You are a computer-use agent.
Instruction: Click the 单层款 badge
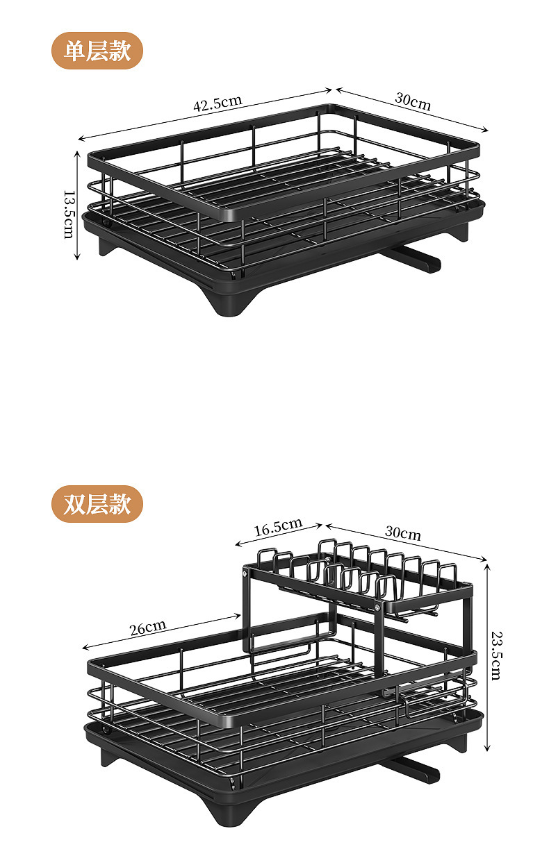point(97,50)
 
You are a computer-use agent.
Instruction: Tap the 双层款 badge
point(97,504)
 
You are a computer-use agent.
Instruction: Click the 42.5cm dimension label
point(218,103)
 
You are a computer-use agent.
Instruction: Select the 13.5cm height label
point(68,214)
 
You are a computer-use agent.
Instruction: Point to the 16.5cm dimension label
point(277,528)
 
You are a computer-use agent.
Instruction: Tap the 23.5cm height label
point(495,655)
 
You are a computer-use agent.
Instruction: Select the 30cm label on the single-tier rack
point(413,101)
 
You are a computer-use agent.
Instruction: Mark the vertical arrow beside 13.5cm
point(77,205)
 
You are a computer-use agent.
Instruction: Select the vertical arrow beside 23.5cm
point(487,656)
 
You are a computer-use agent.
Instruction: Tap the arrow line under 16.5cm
point(278,535)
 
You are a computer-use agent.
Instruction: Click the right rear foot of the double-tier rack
point(457,739)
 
